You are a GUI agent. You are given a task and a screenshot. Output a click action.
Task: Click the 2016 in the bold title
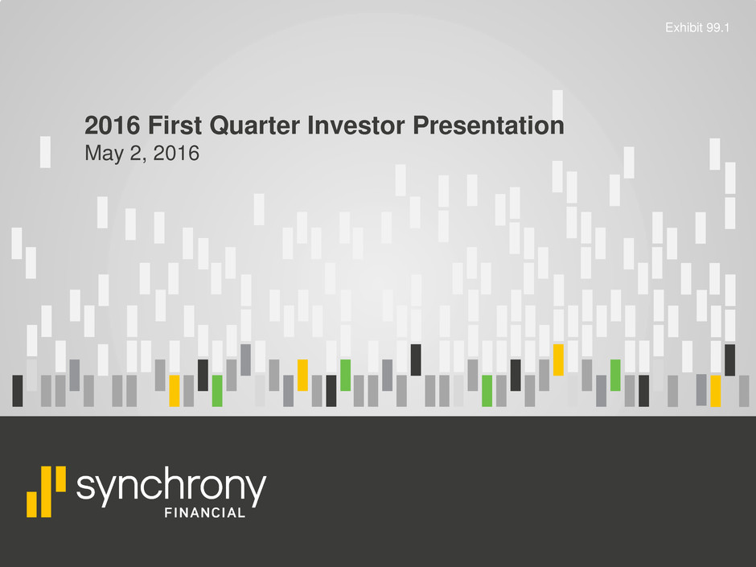(113, 125)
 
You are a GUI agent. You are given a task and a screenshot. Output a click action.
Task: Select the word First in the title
(175, 125)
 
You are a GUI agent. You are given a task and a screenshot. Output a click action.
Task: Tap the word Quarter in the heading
(255, 126)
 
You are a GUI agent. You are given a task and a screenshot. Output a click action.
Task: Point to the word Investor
(356, 125)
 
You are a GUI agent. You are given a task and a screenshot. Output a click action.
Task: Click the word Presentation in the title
(488, 125)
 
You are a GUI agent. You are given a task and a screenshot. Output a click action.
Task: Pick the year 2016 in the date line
(176, 154)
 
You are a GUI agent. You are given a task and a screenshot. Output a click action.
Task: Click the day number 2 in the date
(136, 154)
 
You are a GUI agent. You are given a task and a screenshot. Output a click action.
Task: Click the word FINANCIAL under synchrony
(205, 513)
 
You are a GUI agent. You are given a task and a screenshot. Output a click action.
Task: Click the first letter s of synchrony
(85, 487)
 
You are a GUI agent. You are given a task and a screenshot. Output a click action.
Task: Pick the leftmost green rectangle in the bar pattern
(217, 391)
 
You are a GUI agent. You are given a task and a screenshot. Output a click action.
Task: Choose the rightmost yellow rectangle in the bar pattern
(716, 391)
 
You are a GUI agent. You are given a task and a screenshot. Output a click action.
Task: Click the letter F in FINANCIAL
(168, 513)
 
